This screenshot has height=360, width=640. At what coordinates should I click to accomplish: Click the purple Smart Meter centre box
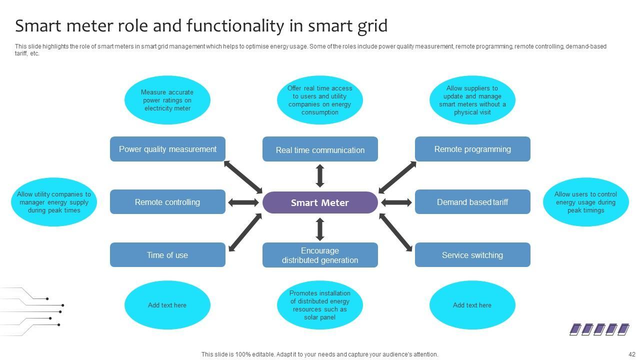point(320,202)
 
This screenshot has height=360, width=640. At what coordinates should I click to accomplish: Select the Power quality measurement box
point(167,149)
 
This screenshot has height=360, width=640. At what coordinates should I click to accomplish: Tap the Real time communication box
point(320,149)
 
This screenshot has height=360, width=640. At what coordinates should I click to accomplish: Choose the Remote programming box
point(472,149)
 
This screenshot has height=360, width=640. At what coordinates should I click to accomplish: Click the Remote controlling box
point(167,202)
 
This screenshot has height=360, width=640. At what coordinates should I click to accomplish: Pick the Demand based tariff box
point(472,202)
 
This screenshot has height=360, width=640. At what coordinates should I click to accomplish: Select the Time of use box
point(167,255)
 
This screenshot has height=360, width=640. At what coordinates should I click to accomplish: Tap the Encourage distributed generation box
point(320,255)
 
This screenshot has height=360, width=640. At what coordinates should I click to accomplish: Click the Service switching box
point(472,255)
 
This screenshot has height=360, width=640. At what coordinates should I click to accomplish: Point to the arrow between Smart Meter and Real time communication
point(320,176)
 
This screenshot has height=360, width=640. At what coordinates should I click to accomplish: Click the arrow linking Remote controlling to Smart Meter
point(243,202)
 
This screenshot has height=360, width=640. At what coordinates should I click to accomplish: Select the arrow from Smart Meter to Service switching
point(396,232)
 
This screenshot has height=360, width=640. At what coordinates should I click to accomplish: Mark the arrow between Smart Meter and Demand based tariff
point(396,202)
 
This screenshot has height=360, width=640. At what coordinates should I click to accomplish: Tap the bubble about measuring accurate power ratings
point(167,100)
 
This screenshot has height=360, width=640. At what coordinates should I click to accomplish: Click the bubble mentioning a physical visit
point(472,100)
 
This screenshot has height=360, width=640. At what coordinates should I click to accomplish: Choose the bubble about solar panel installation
point(320,305)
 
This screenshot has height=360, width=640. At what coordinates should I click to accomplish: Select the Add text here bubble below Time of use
point(167,305)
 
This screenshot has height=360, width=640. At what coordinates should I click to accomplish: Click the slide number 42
point(631,354)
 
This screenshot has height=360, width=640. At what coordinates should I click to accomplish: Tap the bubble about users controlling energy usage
point(585,202)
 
